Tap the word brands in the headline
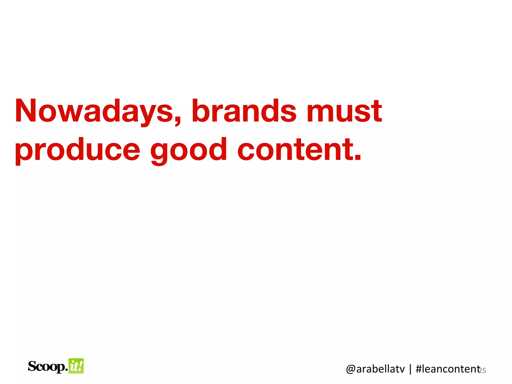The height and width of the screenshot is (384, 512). click(x=244, y=111)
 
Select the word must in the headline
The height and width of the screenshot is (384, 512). click(x=344, y=111)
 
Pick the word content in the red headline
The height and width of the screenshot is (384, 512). click(x=295, y=149)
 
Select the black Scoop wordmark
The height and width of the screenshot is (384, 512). click(x=47, y=366)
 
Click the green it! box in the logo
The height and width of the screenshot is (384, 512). click(x=76, y=366)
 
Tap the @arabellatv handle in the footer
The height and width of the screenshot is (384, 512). click(x=375, y=369)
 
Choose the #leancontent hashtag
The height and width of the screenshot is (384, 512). click(x=448, y=369)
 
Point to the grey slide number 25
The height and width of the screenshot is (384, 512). click(x=482, y=370)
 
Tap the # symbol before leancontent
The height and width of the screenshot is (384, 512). click(x=419, y=369)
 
